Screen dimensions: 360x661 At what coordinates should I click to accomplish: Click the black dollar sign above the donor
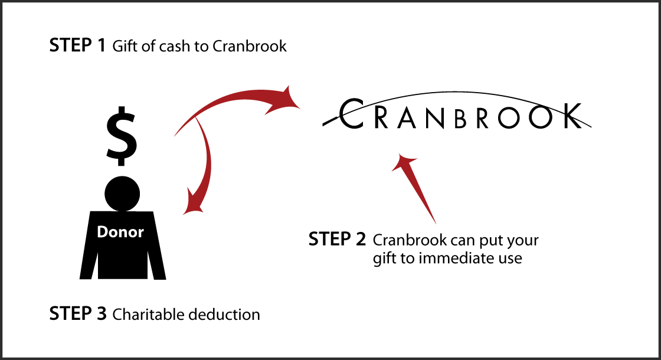coord(122,138)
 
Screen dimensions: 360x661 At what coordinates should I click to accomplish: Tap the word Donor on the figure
coord(120,232)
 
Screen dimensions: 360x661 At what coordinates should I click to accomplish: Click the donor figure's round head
coord(122,192)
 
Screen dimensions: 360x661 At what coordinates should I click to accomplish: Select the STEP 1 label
coord(77,46)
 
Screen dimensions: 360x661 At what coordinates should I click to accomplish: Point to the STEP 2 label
coord(337,240)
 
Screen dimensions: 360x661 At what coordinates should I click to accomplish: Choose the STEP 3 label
coord(78,313)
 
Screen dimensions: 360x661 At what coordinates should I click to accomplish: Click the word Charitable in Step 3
coord(148,314)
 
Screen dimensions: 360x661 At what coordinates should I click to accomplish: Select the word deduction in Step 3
coord(224,314)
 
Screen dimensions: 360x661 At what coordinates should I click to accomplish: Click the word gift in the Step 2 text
coord(384,259)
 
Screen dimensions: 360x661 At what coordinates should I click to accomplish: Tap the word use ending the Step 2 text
coord(509,258)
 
